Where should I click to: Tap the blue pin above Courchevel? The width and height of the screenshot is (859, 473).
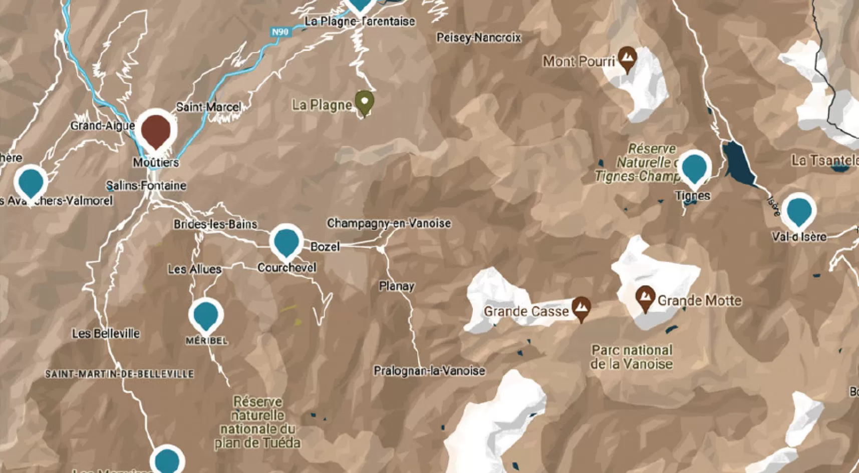tap(287, 242)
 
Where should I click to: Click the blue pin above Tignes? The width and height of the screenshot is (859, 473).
tap(694, 168)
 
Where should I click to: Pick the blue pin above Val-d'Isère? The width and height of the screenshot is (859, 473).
tap(799, 211)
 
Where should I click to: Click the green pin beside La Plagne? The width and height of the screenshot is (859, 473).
tap(365, 102)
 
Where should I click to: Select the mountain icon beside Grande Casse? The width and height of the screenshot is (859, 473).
tap(582, 307)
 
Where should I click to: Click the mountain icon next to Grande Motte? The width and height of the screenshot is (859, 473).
tap(645, 298)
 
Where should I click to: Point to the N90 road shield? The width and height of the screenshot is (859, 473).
tap(280, 32)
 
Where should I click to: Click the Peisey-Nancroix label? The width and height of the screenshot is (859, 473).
tap(478, 38)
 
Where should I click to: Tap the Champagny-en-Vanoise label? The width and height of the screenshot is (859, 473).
tap(389, 223)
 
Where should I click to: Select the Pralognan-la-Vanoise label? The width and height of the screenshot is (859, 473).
tap(429, 371)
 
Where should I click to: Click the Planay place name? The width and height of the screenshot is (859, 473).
tap(396, 286)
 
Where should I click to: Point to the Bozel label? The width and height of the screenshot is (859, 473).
tap(325, 247)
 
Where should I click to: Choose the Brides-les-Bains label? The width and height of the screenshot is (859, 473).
tap(215, 224)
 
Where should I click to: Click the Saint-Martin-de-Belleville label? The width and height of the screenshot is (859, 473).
tap(119, 374)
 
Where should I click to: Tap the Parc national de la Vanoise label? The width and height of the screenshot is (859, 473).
tap(631, 357)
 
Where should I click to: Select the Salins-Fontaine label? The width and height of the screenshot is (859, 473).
tap(146, 186)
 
